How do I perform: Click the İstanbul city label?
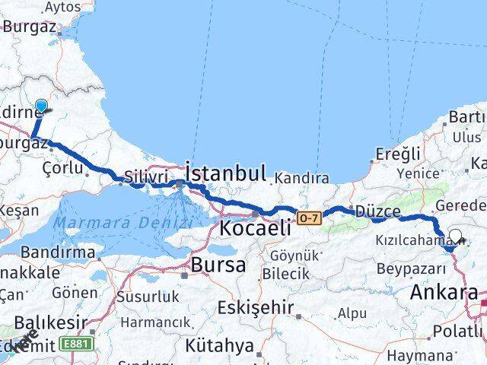click(226, 172)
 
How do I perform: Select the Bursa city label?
click(218, 265)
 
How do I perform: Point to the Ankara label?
click(444, 292)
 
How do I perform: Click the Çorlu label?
click(62, 167)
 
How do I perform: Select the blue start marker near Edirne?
click(41, 106)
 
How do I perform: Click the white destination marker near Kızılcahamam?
click(456, 236)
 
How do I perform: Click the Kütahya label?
click(222, 345)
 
